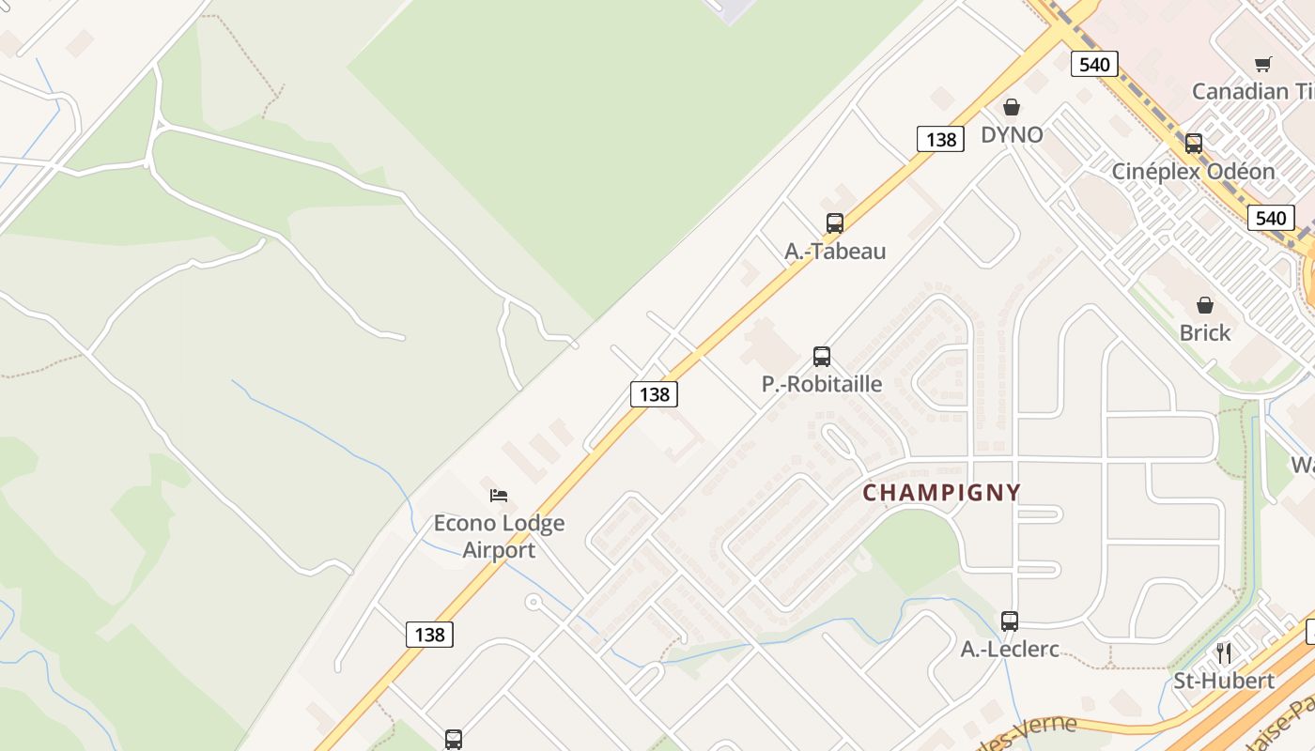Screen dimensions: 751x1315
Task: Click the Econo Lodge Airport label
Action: pyautogui.click(x=499, y=536)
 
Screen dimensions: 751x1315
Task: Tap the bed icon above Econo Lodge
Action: pyautogui.click(x=499, y=495)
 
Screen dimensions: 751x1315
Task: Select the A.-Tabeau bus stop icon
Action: pyautogui.click(x=835, y=223)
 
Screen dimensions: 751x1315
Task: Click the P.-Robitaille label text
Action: pyautogui.click(x=822, y=384)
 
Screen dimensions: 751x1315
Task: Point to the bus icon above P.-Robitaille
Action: pyautogui.click(x=822, y=357)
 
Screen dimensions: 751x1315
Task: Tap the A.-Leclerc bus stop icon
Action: pyautogui.click(x=1010, y=621)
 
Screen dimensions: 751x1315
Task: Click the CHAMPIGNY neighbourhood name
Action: pyautogui.click(x=941, y=493)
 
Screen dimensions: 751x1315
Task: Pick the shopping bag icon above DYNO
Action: pyautogui.click(x=1012, y=107)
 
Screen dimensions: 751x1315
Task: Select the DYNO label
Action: pyautogui.click(x=1012, y=134)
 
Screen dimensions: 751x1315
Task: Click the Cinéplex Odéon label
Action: pyautogui.click(x=1193, y=171)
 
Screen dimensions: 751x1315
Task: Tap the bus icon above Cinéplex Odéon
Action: pyautogui.click(x=1194, y=144)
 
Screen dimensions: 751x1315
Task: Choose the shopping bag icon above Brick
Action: pyautogui.click(x=1205, y=305)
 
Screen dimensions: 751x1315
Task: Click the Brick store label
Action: pyautogui.click(x=1205, y=332)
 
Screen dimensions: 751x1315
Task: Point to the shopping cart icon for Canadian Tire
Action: pyautogui.click(x=1263, y=64)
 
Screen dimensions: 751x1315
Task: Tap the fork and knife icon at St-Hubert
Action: pyautogui.click(x=1224, y=652)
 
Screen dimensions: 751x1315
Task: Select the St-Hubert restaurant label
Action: pyautogui.click(x=1224, y=681)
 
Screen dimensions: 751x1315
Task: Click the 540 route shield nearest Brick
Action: pyautogui.click(x=1271, y=218)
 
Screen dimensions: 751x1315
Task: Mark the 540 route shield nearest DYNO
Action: pyautogui.click(x=1094, y=64)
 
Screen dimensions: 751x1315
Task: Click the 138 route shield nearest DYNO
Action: pyautogui.click(x=941, y=140)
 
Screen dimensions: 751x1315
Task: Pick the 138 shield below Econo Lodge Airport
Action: pyautogui.click(x=430, y=635)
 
